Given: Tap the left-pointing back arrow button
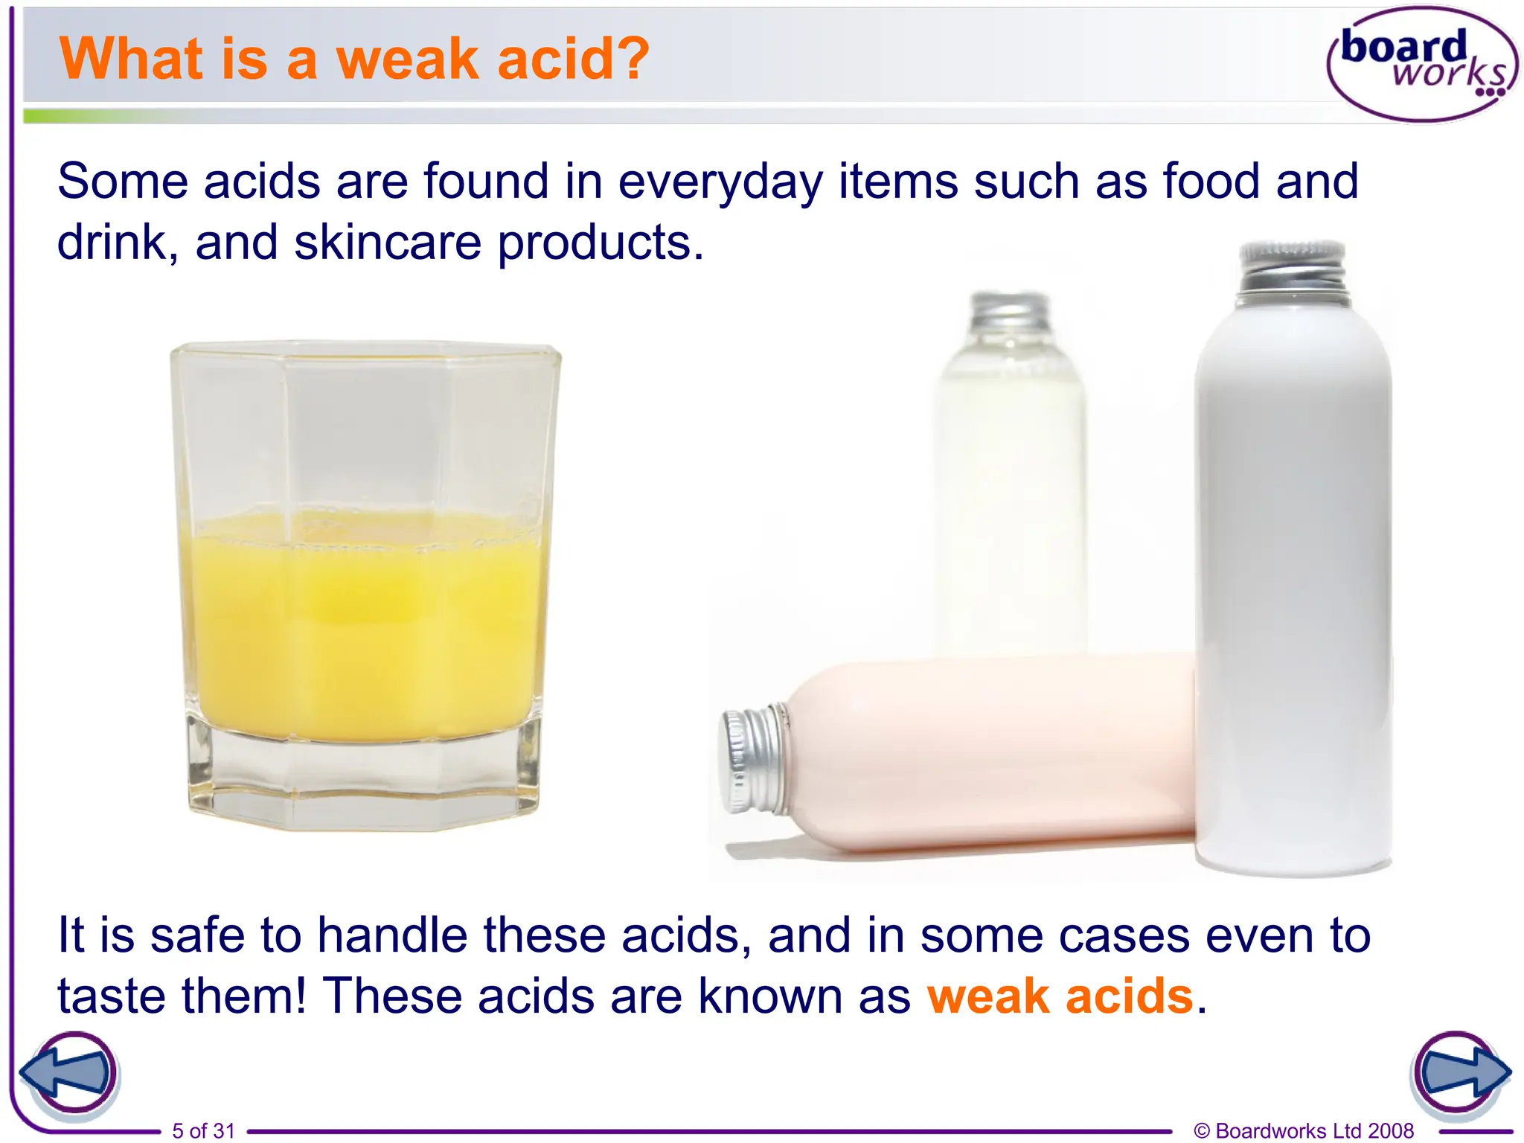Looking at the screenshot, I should [x=68, y=1074].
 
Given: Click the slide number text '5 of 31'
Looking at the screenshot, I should [x=203, y=1130].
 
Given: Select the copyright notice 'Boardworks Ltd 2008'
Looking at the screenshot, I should [x=1304, y=1130].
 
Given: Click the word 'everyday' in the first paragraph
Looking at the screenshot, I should [x=720, y=182].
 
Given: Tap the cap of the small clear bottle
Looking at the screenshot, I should [x=1010, y=313].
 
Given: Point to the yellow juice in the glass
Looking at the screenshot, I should [x=365, y=625].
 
